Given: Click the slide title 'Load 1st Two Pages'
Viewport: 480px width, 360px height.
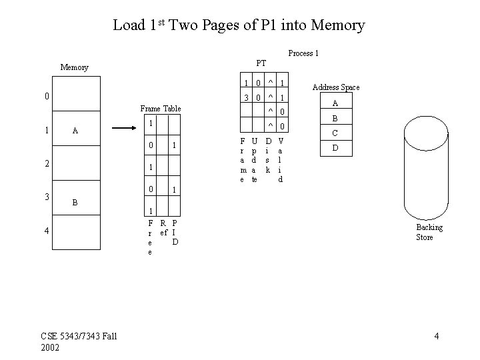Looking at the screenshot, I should tap(239, 25).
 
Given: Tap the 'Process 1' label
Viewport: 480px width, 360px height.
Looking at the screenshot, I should tap(303, 53).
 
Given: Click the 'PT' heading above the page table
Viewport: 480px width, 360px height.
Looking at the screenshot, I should tap(261, 63).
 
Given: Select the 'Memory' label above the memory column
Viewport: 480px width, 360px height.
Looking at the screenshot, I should tap(74, 67).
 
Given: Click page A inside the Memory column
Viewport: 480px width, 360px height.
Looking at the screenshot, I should tap(75, 131).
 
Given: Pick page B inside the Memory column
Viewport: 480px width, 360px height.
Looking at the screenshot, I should tap(75, 201).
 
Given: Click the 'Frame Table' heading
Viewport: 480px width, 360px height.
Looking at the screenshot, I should tap(160, 109).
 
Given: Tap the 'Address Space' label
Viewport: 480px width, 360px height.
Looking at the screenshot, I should tap(336, 87).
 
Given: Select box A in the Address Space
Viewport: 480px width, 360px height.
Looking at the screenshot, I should tap(335, 103).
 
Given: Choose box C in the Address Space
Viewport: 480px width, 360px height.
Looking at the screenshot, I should tap(335, 133).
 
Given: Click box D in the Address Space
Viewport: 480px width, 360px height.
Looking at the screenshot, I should tap(335, 147).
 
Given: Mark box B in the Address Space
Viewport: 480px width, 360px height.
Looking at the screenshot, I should tap(335, 118).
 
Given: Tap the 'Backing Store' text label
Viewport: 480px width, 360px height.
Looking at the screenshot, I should tap(429, 232).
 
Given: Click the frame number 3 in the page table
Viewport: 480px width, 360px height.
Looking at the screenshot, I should tap(247, 97).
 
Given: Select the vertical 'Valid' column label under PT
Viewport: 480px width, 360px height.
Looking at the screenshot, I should tap(281, 160).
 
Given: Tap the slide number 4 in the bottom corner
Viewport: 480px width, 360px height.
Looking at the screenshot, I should tap(436, 336).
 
